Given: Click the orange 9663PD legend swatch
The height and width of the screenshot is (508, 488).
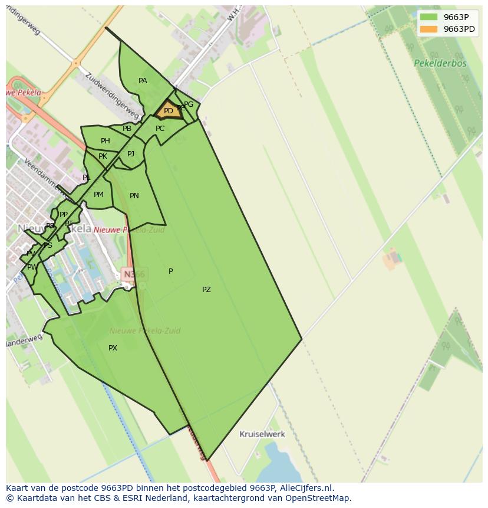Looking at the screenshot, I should point(429,29).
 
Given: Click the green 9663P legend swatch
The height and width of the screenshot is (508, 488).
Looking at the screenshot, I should point(429,17).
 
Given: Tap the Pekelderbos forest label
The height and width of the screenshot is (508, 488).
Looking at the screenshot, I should point(440,63).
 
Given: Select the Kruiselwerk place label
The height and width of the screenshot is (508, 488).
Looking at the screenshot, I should point(262,434).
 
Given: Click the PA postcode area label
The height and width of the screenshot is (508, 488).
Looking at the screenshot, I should point(143,81).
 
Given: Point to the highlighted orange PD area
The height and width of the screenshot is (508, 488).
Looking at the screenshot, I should point(168,110).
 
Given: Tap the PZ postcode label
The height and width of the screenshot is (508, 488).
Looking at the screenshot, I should point(206,290).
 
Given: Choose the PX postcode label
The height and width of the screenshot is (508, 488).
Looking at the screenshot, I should point(113,348).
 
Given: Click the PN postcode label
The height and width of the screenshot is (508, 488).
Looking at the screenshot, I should point(134,196).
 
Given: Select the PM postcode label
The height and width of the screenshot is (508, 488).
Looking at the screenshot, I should point(98,195).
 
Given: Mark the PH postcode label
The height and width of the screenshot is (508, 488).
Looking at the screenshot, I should point(105,141).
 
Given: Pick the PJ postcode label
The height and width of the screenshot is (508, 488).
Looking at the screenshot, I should point(131,154).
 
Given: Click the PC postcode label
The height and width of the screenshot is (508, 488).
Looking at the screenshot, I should point(160,129).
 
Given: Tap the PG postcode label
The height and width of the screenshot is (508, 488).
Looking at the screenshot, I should point(189,104).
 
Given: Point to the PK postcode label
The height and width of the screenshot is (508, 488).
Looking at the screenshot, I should point(103,156).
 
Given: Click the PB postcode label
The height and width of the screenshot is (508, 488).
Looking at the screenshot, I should point(127,129).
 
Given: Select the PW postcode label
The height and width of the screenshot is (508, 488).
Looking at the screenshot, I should point(32,267).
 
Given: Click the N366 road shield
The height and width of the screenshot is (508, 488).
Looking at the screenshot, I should point(133,274).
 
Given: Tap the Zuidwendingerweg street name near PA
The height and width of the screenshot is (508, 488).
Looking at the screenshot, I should point(112,96).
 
